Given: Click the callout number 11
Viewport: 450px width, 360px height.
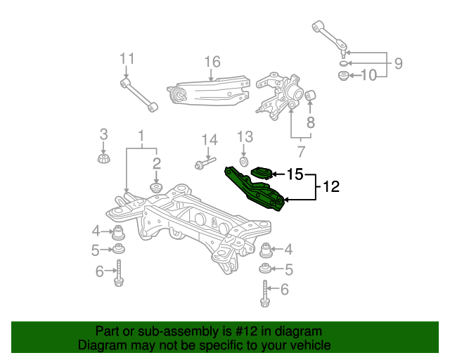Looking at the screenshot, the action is [x=127, y=58].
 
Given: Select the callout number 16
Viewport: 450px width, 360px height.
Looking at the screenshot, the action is [x=212, y=62].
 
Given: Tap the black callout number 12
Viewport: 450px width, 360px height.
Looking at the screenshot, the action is [x=331, y=186].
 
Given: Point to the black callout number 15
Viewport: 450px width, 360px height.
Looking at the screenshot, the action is [x=295, y=174].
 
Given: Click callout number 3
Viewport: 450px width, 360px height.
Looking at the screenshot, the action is [x=103, y=134].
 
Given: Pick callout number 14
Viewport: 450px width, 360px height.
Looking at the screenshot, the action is [x=210, y=140].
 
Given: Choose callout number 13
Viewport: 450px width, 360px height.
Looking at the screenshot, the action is [x=245, y=137].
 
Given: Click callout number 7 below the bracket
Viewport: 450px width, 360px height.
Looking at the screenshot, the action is [x=301, y=152].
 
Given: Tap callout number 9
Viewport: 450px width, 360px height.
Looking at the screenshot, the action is [x=399, y=63].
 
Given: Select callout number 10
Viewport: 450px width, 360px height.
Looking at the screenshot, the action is [x=368, y=75].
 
